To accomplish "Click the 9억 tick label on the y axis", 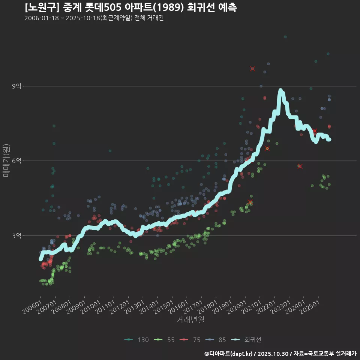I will (16, 86).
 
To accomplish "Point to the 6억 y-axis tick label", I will (16, 161).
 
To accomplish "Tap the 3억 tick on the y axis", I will (16, 235).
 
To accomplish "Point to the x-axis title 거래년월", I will (190, 319).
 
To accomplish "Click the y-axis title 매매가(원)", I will (6, 160).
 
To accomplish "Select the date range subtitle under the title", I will (94, 18).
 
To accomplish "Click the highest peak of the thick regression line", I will (280, 90).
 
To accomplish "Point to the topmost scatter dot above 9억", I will (285, 37).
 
